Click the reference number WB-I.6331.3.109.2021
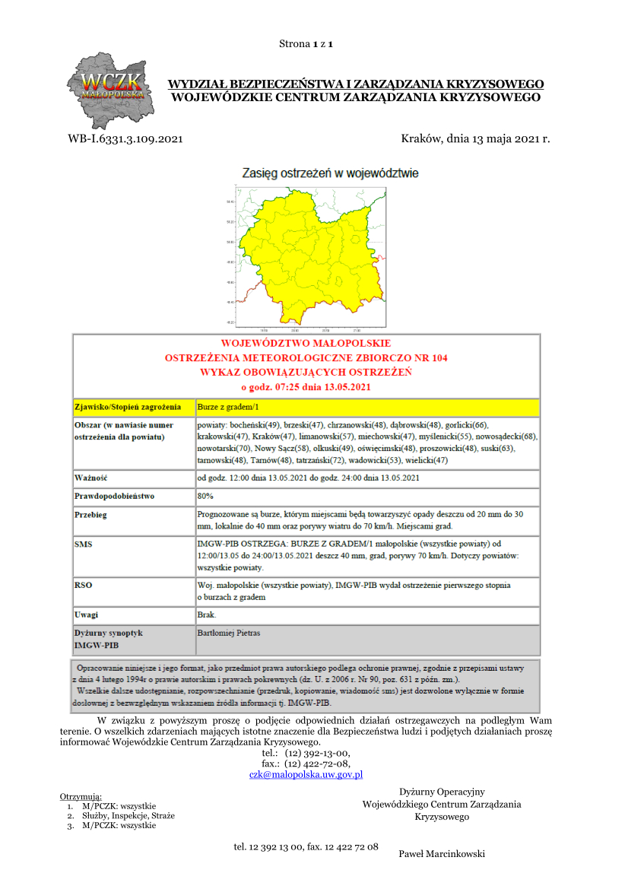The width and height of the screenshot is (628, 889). click(125, 139)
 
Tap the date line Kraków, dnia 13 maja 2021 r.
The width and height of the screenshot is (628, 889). click(474, 139)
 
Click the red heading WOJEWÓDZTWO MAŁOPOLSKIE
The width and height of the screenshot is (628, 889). click(306, 343)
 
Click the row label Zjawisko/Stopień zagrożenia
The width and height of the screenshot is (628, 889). click(128, 408)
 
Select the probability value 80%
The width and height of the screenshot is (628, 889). click(206, 496)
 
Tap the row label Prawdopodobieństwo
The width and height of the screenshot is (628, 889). click(114, 496)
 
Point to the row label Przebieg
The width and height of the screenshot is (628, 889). click(91, 514)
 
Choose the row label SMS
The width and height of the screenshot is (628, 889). click(84, 545)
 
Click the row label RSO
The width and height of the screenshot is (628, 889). click(84, 586)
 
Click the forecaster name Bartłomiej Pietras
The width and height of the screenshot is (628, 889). click(229, 633)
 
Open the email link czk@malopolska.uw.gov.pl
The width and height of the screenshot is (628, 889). click(306, 774)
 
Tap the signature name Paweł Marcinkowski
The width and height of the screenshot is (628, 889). click(442, 854)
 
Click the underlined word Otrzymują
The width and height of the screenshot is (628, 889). click(81, 796)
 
